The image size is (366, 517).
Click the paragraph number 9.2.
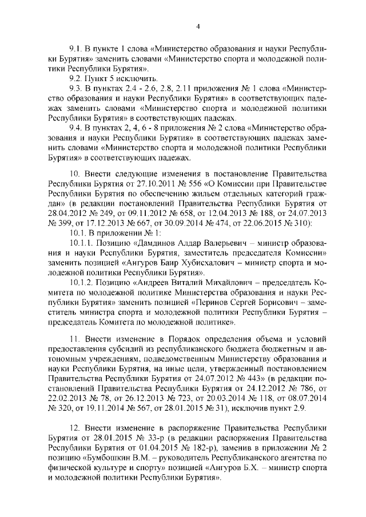pos(75,78)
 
